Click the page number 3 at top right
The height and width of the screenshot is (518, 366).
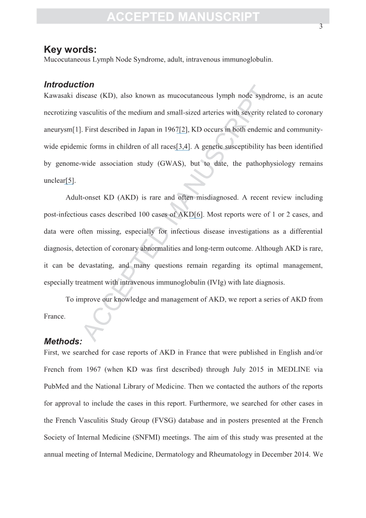click(321, 27)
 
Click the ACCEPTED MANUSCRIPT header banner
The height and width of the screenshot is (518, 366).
click(183, 17)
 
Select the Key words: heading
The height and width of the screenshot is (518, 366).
click(70, 50)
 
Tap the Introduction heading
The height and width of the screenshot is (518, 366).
click(69, 84)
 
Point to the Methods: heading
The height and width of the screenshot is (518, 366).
click(63, 342)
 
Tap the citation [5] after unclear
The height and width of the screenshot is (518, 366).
click(70, 181)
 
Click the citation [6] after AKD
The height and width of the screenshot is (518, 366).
click(198, 214)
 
